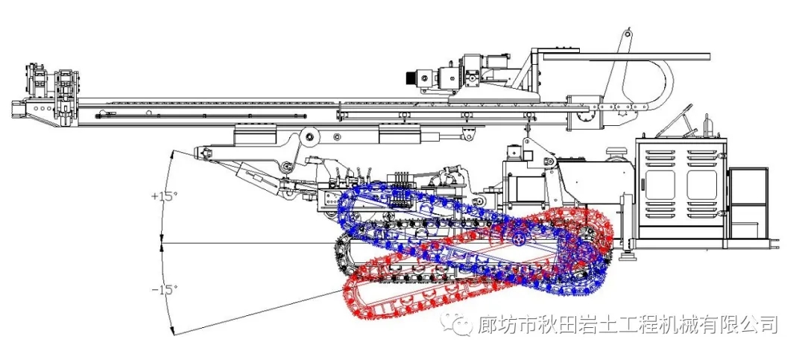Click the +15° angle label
pos(165,197)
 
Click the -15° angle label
pos(164,289)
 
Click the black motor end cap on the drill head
pos(411,76)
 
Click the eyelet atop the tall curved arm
pos(628,34)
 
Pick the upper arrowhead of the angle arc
pos(172,154)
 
